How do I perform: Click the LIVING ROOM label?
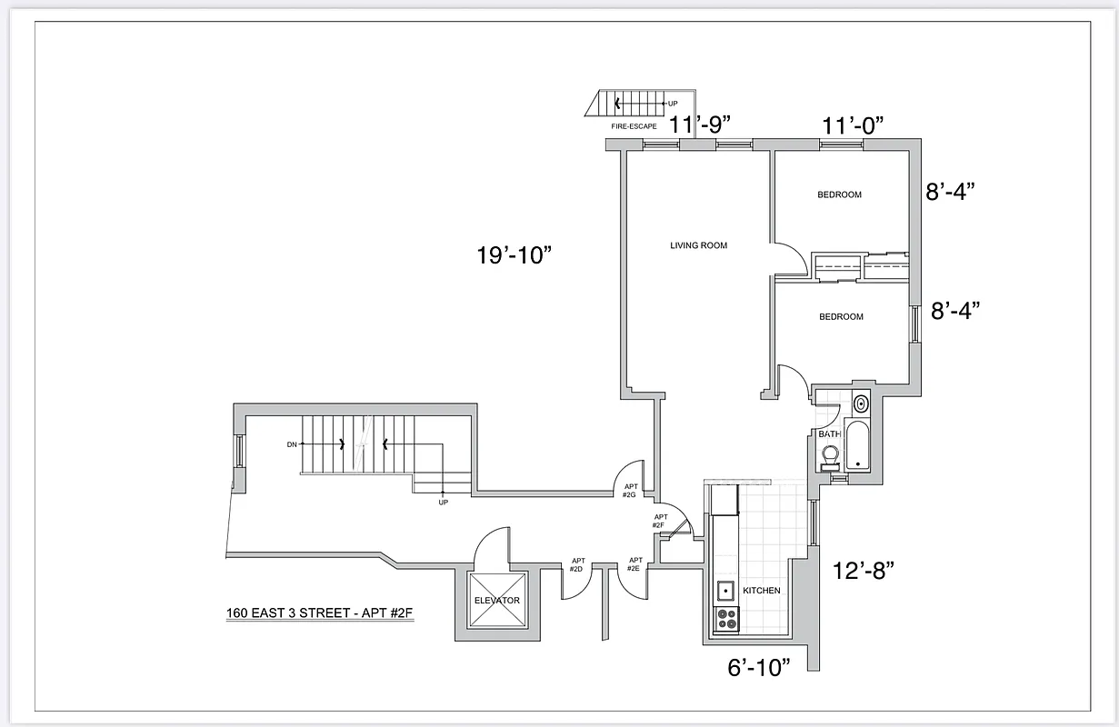coord(698,245)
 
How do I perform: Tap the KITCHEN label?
coord(761,591)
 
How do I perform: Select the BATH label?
coord(829,434)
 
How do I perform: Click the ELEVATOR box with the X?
coord(496,601)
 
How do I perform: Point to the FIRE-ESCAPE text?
coord(634,126)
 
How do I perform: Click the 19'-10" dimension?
coord(515,255)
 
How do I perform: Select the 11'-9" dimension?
coord(700,124)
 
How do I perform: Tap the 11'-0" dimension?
coord(853,124)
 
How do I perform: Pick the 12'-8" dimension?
coord(864,571)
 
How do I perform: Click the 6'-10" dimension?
coord(759,667)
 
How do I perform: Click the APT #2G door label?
coord(629,491)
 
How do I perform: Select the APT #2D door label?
coord(576,565)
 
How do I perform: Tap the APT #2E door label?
coord(634,564)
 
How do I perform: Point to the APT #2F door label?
coord(661,521)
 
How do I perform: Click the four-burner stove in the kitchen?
coord(727,619)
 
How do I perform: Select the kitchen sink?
coord(726,591)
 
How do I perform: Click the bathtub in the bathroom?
coord(858,445)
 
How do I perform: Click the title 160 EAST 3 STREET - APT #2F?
coord(320,612)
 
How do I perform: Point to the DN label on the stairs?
coord(292,444)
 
